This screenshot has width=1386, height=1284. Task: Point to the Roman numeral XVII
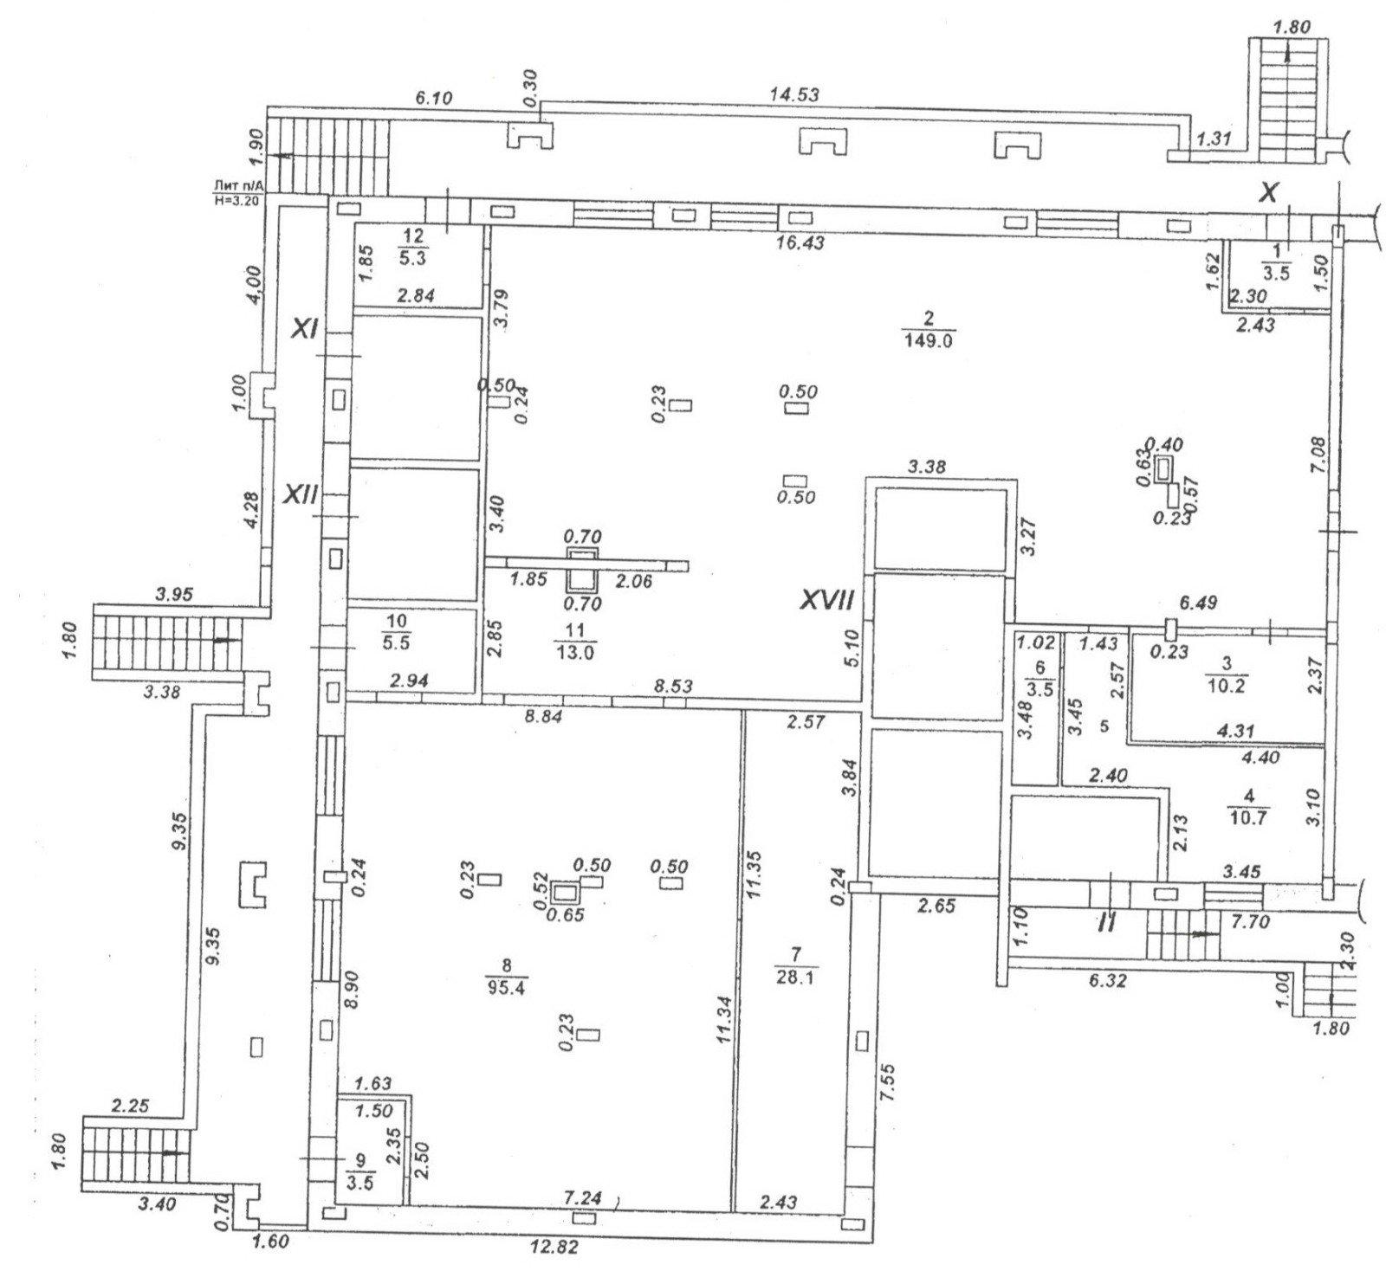[x=827, y=600]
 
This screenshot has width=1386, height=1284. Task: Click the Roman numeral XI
[x=305, y=329]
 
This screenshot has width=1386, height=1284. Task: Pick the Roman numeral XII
[x=303, y=494]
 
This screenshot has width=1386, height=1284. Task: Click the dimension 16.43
[x=799, y=244]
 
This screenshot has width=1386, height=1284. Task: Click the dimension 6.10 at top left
[x=436, y=98]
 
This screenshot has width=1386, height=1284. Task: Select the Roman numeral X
[x=1267, y=194]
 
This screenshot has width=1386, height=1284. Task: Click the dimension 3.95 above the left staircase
[x=174, y=595]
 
